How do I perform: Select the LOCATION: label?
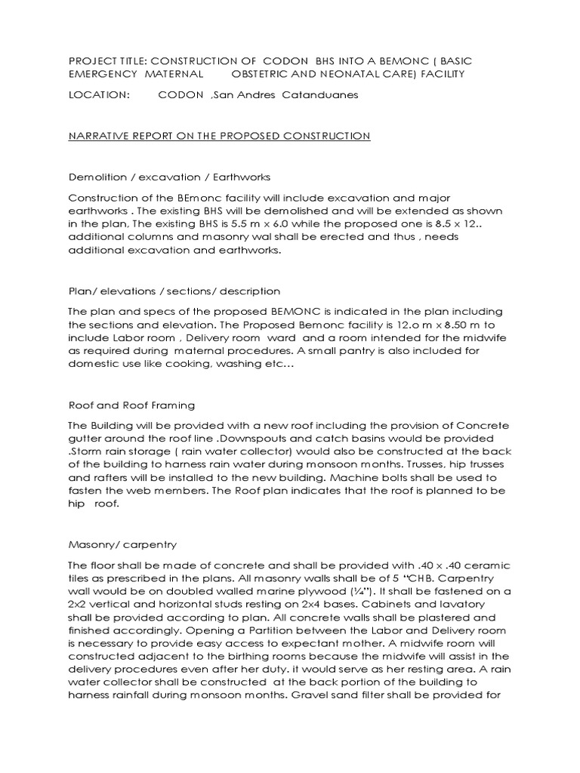[x=99, y=95]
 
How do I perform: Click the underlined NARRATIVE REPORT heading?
[x=219, y=136]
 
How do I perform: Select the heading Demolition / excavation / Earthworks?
[x=169, y=177]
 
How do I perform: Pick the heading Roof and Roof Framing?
[x=131, y=405]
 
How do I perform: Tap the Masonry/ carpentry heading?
[x=122, y=544]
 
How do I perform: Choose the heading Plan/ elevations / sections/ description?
[x=174, y=291]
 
